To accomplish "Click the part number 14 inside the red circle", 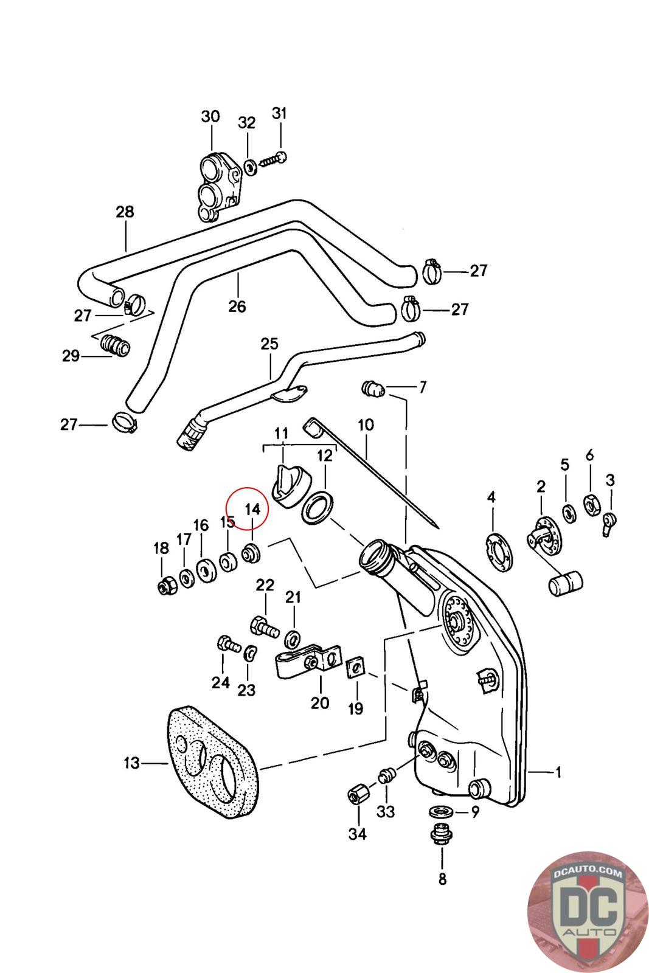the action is [252, 509].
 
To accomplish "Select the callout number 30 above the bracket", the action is [210, 116].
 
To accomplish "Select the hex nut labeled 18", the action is [167, 586].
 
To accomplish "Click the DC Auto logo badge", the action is [588, 911].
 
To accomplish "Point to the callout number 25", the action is [269, 344].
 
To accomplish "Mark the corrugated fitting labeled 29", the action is [115, 345].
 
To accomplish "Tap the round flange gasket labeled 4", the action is [498, 552].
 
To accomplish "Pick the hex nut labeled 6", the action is [592, 505].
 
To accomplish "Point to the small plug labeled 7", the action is [373, 389].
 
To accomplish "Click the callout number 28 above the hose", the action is [125, 212].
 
